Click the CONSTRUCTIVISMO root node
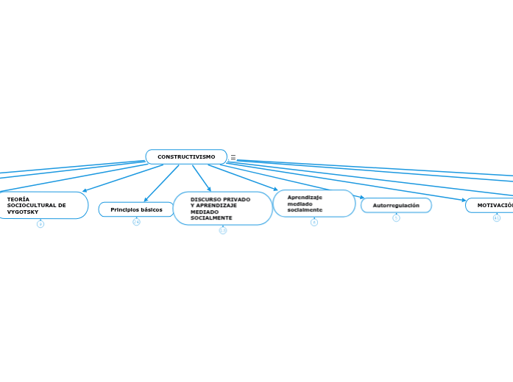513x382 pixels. pyautogui.click(x=186, y=157)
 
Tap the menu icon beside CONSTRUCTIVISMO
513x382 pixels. pyautogui.click(x=233, y=157)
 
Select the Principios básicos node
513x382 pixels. pyautogui.click(x=136, y=209)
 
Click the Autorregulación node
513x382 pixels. pyautogui.click(x=396, y=206)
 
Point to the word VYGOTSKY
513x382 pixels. pyautogui.click(x=23, y=212)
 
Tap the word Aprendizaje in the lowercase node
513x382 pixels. pyautogui.click(x=305, y=197)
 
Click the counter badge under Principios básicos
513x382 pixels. pyautogui.click(x=136, y=222)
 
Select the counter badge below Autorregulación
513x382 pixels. pyautogui.click(x=396, y=218)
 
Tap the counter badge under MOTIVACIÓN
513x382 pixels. pyautogui.click(x=497, y=218)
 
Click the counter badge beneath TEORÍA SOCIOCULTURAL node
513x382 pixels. pyautogui.click(x=40, y=224)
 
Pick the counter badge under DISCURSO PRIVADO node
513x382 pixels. pyautogui.click(x=222, y=231)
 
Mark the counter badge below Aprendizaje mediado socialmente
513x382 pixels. pyautogui.click(x=314, y=223)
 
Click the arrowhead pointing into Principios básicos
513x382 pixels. pyautogui.click(x=146, y=200)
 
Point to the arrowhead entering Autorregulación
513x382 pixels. pyautogui.click(x=362, y=197)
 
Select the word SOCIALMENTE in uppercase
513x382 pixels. pyautogui.click(x=211, y=218)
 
